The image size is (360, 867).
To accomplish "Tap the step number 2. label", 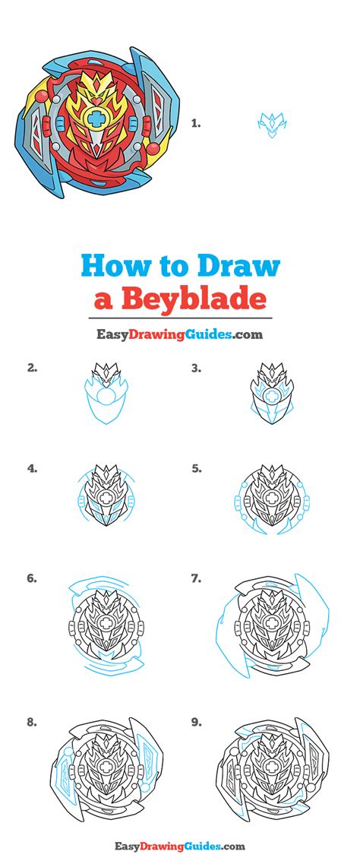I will click(x=32, y=369).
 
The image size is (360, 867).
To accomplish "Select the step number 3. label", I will click(x=196, y=369).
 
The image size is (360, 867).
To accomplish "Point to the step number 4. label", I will click(x=32, y=469).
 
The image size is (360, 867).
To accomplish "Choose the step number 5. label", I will click(x=196, y=469).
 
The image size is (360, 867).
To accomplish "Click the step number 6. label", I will click(x=32, y=578).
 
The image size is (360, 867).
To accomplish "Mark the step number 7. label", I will click(x=196, y=578).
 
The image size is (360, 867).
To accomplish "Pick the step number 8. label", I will click(x=32, y=723).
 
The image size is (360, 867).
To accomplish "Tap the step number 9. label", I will click(x=196, y=723).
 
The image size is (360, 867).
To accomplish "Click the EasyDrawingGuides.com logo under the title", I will click(x=179, y=334).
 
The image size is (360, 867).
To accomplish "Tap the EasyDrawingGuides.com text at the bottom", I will click(x=180, y=846).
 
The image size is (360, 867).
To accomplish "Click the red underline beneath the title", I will click(x=180, y=317).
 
